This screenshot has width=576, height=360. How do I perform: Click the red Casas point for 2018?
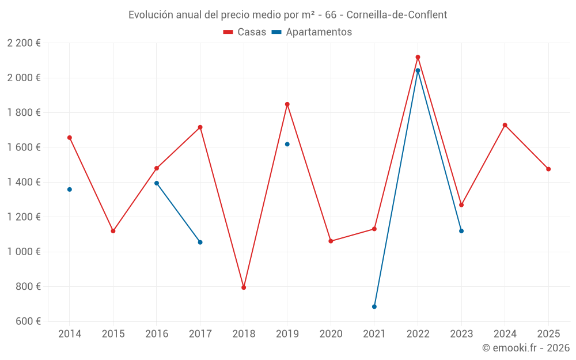pyautogui.click(x=244, y=287)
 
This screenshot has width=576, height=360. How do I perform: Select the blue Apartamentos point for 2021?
pyautogui.click(x=374, y=306)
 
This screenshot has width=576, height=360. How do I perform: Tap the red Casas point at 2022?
pyautogui.click(x=418, y=57)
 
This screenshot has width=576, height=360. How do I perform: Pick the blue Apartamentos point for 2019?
pyautogui.click(x=287, y=144)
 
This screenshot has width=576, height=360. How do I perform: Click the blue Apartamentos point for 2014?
pyautogui.click(x=70, y=190)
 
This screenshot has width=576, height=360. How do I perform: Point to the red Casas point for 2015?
pyautogui.click(x=113, y=231)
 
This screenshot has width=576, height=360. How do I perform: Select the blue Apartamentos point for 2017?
pyautogui.click(x=200, y=242)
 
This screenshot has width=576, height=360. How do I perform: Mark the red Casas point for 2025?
pyautogui.click(x=548, y=169)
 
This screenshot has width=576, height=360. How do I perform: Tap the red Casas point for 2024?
pyautogui.click(x=505, y=125)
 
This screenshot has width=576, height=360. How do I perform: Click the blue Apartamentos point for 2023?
pyautogui.click(x=461, y=231)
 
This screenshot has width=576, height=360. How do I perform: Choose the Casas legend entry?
pyautogui.click(x=245, y=32)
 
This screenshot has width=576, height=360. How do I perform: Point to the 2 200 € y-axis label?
pyautogui.click(x=24, y=43)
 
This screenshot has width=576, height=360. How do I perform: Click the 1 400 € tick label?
pyautogui.click(x=24, y=182)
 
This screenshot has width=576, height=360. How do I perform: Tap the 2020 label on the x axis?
pyautogui.click(x=331, y=334)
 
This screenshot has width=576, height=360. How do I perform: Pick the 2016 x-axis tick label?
pyautogui.click(x=157, y=334)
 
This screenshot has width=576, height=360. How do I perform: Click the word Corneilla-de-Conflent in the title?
pyautogui.click(x=397, y=14)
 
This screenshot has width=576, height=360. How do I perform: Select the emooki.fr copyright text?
pyautogui.click(x=526, y=348)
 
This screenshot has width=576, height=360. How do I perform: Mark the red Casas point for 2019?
pyautogui.click(x=287, y=104)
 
